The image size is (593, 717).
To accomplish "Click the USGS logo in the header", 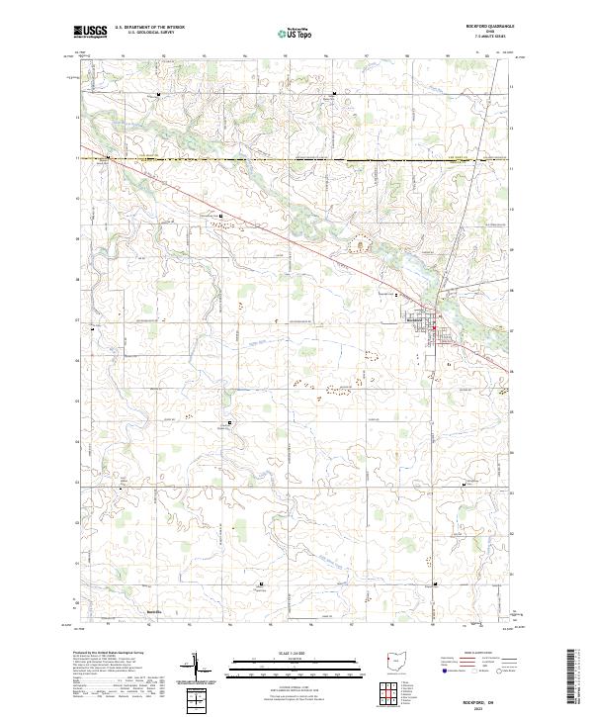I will (90, 33).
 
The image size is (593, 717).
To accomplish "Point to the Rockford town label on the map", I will (414, 318).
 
